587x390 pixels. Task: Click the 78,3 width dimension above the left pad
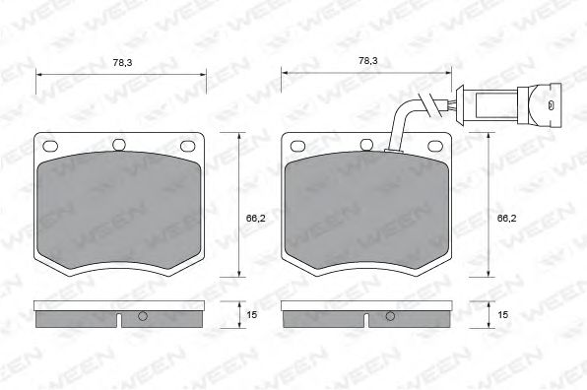[122, 62]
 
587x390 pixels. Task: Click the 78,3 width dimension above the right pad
[368, 61]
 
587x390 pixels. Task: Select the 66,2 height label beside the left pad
[255, 219]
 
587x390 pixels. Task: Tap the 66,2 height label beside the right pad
[506, 219]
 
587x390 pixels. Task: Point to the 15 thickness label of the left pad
[252, 315]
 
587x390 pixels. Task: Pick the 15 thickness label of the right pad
[502, 315]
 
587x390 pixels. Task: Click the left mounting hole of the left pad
[50, 146]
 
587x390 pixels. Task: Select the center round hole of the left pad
[119, 145]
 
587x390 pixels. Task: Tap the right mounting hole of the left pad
[188, 146]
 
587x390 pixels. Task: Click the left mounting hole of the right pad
[297, 146]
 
